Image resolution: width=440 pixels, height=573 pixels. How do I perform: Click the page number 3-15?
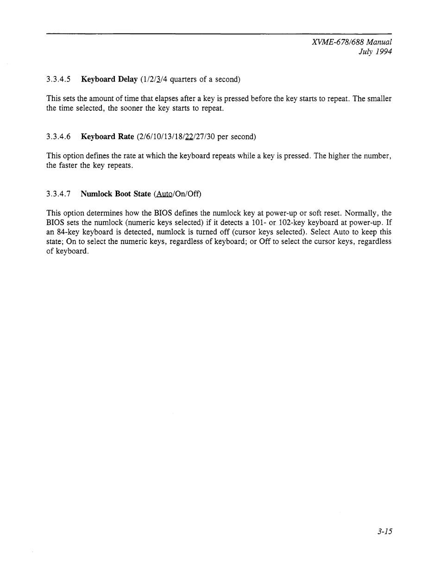(384, 532)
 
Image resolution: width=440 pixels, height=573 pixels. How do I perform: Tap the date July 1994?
(375, 51)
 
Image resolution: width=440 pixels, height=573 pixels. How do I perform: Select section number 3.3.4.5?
(58, 79)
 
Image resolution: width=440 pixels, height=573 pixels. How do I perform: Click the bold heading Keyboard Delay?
(109, 79)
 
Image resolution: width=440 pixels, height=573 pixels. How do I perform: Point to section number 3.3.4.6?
(58, 137)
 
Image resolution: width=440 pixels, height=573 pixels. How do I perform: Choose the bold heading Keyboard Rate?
(107, 137)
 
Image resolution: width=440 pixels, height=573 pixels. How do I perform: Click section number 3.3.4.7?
(58, 194)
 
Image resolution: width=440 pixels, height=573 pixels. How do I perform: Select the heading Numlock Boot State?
(115, 194)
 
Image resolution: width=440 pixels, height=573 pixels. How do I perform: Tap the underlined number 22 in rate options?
(189, 137)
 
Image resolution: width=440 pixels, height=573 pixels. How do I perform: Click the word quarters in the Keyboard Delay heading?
(184, 79)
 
